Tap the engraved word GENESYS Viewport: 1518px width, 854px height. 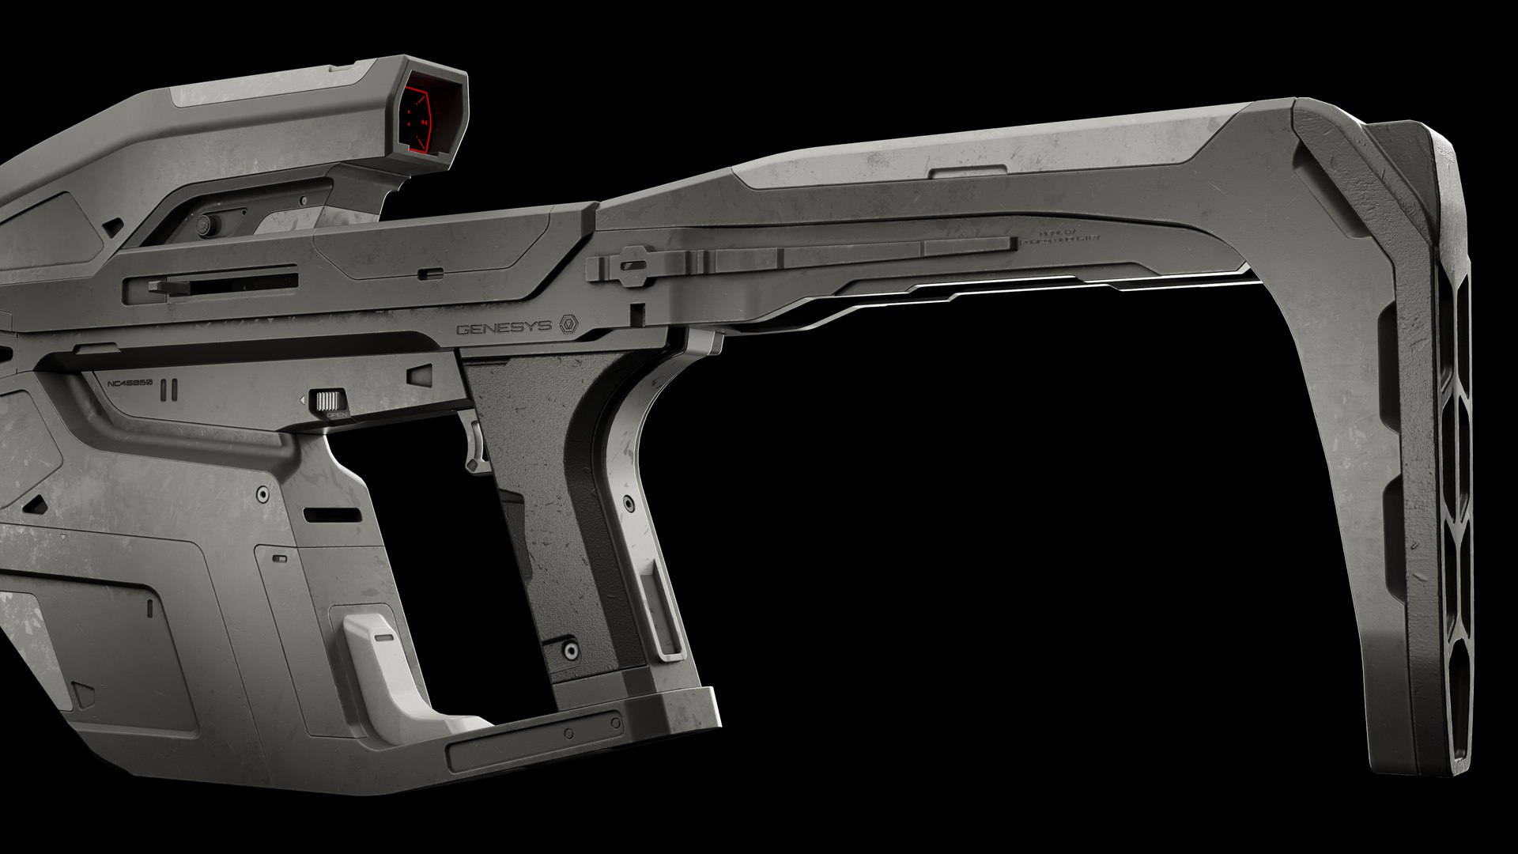point(503,328)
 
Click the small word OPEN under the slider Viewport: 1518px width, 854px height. point(338,414)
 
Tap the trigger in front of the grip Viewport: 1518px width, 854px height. point(475,448)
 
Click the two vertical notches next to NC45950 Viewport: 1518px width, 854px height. point(167,390)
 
